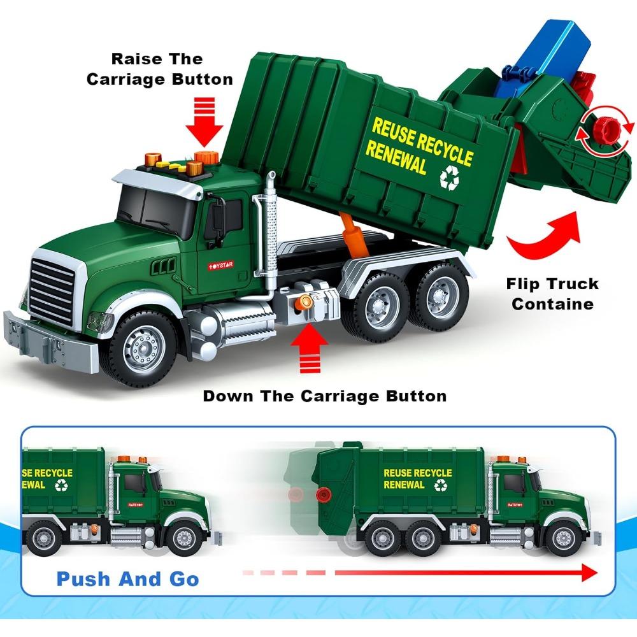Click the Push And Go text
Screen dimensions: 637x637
coord(127,579)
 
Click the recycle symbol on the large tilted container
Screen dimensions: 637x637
coord(448,178)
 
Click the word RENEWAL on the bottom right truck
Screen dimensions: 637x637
coord(404,485)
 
